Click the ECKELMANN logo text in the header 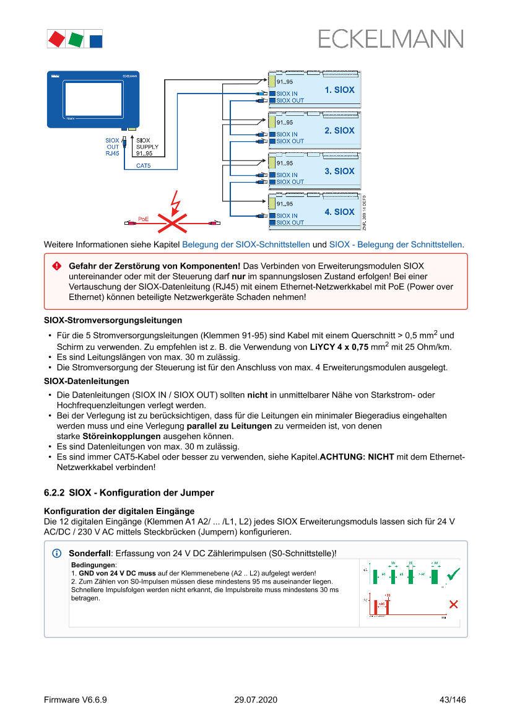tap(391, 38)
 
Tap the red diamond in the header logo tap(56, 38)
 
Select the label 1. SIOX tap(339, 90)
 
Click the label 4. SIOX tap(339, 212)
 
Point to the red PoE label tap(144, 219)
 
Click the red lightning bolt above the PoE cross tap(176, 201)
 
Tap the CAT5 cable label tap(144, 166)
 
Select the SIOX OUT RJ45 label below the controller tap(113, 147)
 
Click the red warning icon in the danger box tap(57, 266)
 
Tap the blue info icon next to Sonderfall tap(57, 552)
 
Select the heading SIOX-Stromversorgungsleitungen tap(113, 320)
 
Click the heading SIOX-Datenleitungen tap(87, 381)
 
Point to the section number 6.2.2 tap(54, 493)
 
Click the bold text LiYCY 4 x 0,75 tap(339, 347)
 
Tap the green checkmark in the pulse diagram tap(453, 574)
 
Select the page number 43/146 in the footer tap(452, 700)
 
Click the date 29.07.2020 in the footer tap(256, 700)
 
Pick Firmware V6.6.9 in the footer tap(76, 700)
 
